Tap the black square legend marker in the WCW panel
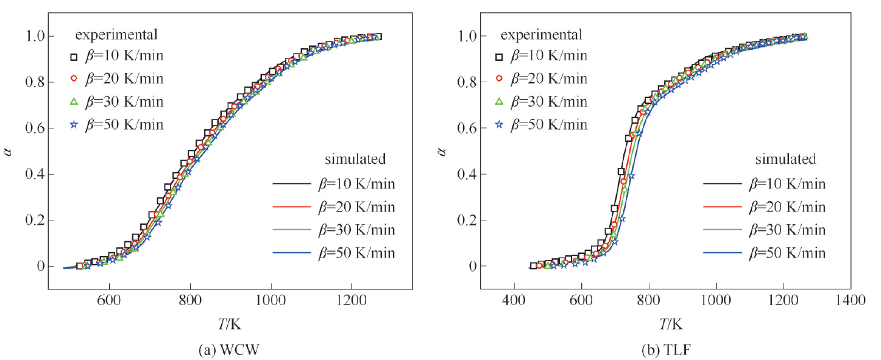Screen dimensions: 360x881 coord(74,57)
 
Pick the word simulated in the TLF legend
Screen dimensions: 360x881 coord(785,160)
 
